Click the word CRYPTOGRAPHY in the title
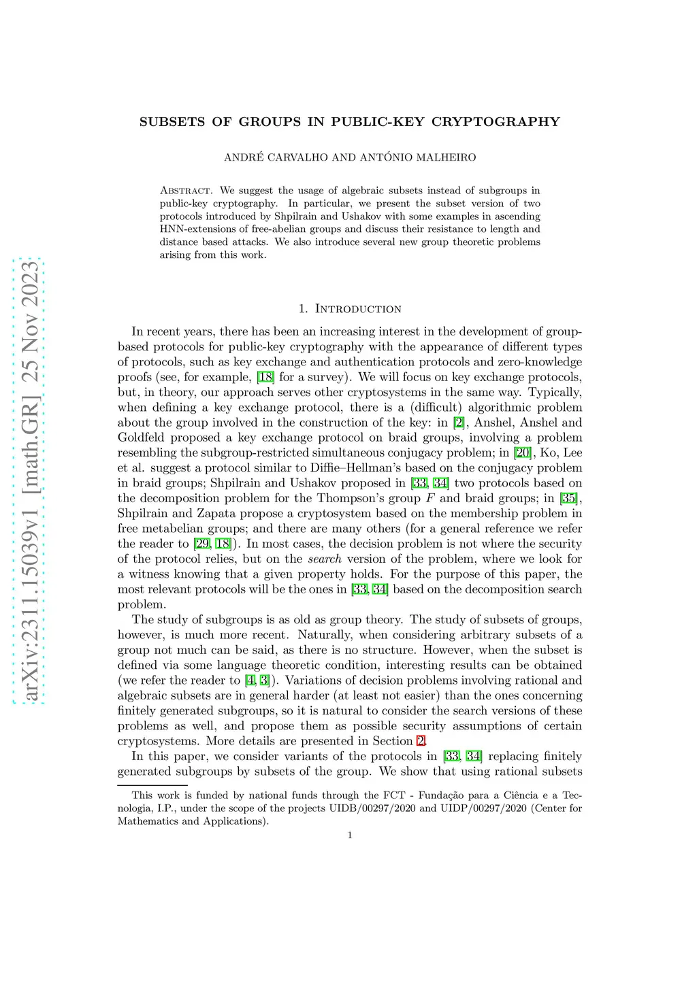click(x=496, y=122)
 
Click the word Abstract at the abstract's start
click(x=187, y=191)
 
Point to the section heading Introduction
click(x=358, y=309)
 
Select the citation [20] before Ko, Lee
click(x=523, y=453)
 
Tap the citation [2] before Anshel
click(x=459, y=423)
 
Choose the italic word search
click(x=325, y=559)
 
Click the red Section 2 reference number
click(x=421, y=741)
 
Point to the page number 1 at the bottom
click(x=350, y=835)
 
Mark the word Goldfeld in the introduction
click(x=141, y=438)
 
